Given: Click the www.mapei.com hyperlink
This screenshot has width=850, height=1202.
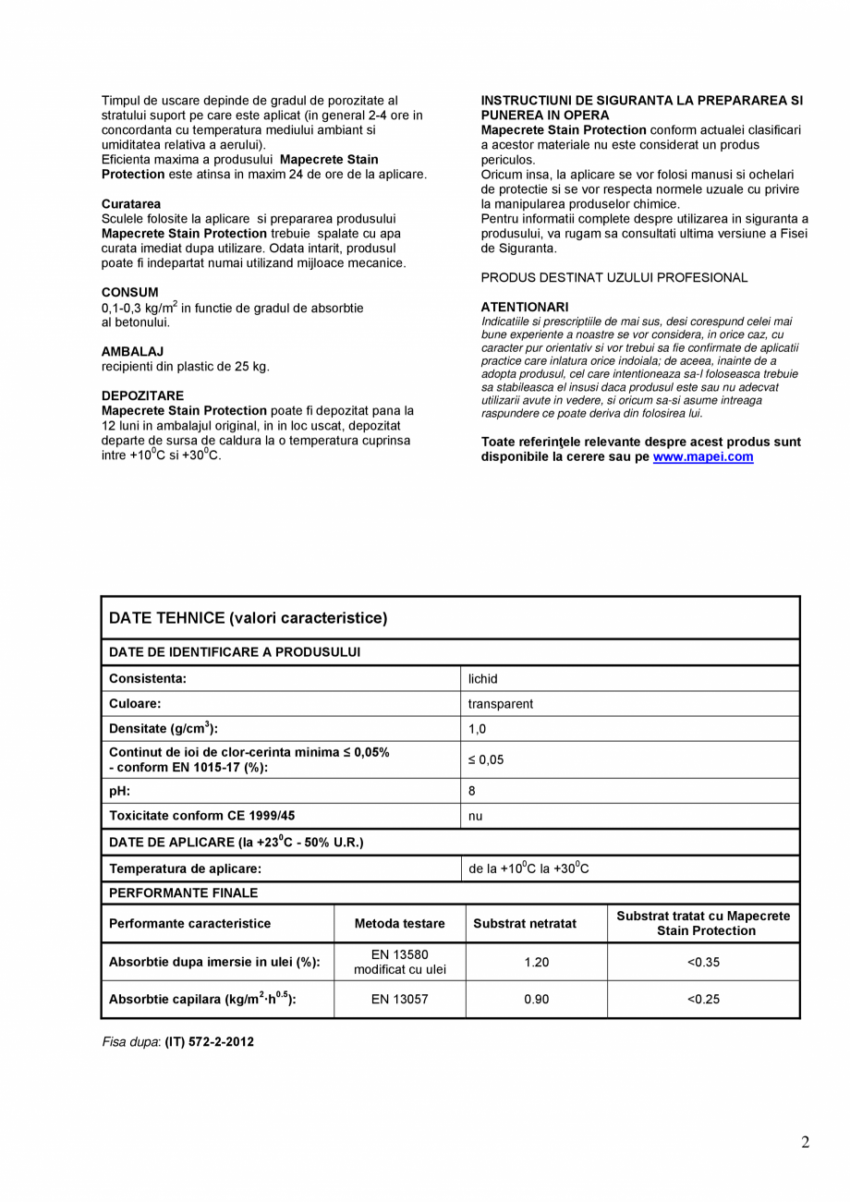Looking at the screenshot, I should pos(702,457).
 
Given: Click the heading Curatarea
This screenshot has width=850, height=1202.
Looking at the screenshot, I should pos(131,203).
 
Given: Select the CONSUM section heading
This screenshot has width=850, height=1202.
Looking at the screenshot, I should pos(129,292).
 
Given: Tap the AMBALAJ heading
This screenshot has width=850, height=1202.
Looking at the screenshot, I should pos(132,351).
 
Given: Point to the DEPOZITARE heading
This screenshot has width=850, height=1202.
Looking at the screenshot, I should pos(142,395).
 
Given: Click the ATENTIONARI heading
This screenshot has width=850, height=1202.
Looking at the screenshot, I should pos(525,307).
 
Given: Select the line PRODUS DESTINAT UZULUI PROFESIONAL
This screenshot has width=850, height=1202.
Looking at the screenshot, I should pos(614,277).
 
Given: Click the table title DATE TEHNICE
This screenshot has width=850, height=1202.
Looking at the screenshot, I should pos(249,618).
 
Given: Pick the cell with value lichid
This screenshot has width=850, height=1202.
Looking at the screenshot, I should pos(483,679).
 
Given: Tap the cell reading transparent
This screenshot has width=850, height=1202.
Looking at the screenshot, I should pos(501,704).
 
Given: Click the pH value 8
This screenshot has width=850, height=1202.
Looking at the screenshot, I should pos(472,791).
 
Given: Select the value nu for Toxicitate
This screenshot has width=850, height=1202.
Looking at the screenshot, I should pos(475,816).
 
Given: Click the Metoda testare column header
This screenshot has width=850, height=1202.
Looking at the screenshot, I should pos(399,923).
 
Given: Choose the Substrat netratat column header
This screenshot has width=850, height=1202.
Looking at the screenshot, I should pos(525,923).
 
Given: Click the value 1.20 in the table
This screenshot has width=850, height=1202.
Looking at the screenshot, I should pos(536,962).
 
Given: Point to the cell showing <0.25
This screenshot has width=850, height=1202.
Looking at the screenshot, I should pos(703,999).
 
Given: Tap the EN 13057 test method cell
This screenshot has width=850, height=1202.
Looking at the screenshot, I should pos(399,999).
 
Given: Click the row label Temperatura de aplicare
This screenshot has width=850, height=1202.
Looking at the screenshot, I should pos(186,868).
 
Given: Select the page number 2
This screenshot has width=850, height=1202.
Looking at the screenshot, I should pos(805,1143).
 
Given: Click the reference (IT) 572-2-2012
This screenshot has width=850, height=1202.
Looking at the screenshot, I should pos(209,1042).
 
